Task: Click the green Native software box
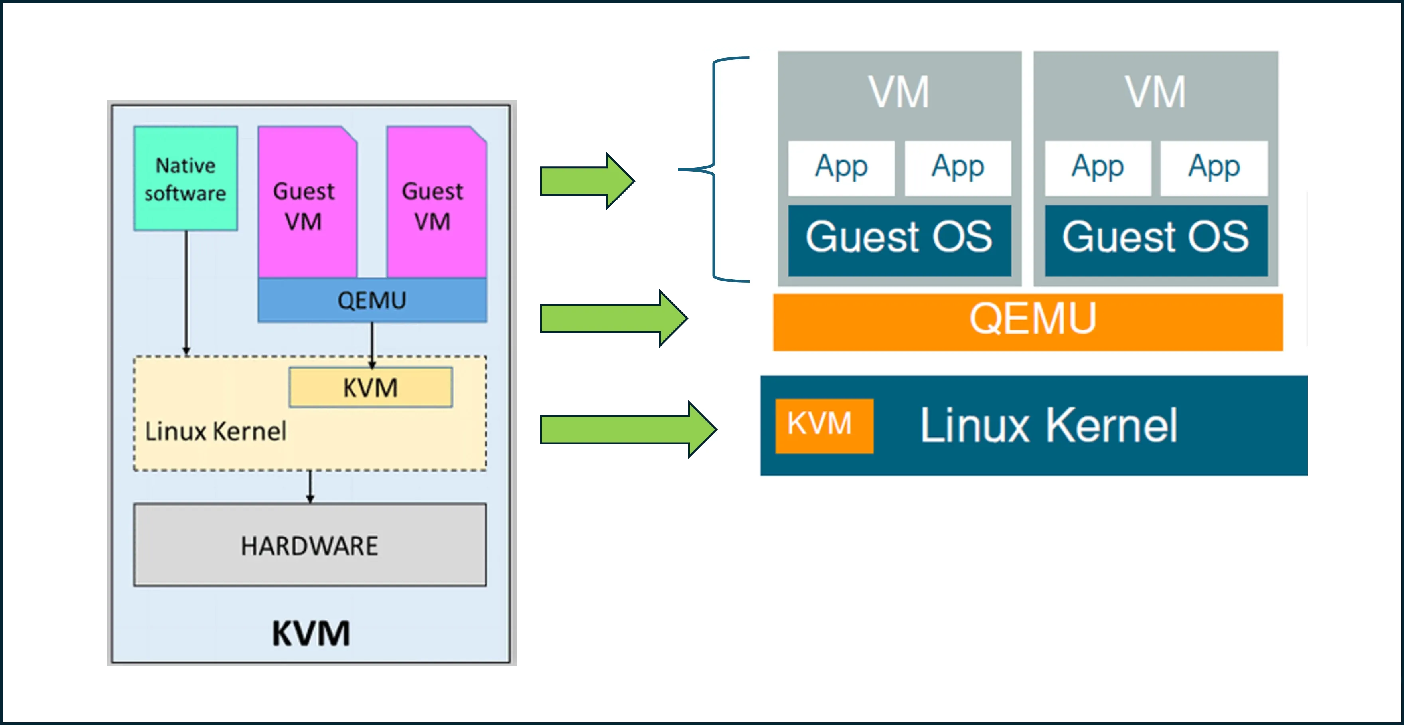(x=186, y=178)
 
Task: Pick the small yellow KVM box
(x=371, y=387)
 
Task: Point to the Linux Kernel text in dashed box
(x=216, y=431)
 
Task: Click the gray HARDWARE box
(x=310, y=545)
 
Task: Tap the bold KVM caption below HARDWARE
(x=311, y=633)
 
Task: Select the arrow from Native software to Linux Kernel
(x=186, y=293)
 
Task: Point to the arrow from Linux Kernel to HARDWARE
(x=310, y=487)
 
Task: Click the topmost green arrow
(x=587, y=181)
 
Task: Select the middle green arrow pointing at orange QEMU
(x=614, y=318)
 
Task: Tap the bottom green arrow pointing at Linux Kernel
(x=628, y=430)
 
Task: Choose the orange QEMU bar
(x=1028, y=322)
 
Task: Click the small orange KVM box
(x=824, y=426)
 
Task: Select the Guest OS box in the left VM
(x=899, y=240)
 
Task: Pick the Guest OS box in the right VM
(x=1156, y=240)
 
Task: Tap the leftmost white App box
(x=841, y=168)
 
